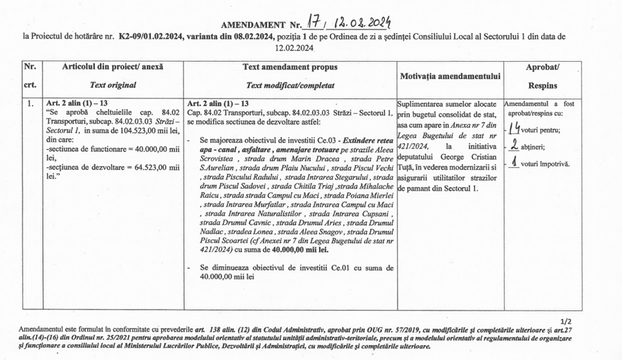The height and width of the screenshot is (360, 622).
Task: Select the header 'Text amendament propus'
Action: click(290, 67)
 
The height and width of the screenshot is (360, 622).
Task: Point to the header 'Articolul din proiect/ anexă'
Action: click(112, 67)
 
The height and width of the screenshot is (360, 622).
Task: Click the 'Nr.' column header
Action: click(30, 67)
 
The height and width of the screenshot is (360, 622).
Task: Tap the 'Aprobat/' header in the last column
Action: click(542, 68)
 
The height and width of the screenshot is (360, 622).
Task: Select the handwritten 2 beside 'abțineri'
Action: click(513, 146)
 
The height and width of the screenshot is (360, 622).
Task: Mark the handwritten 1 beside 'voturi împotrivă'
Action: click(513, 163)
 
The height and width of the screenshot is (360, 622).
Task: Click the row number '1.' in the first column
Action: click(30, 104)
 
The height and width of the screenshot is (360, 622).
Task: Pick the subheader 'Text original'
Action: click(112, 85)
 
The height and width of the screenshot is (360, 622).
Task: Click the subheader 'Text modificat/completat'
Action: click(290, 85)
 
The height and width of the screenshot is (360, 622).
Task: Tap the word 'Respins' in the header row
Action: click(542, 85)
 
